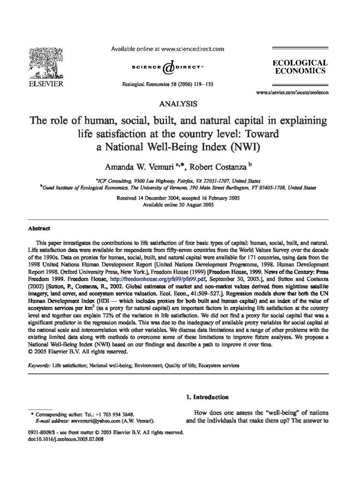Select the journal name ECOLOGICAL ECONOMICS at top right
pyautogui.click(x=300, y=66)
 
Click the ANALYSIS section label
pyautogui.click(x=180, y=103)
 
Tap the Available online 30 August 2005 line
pyautogui.click(x=179, y=204)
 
